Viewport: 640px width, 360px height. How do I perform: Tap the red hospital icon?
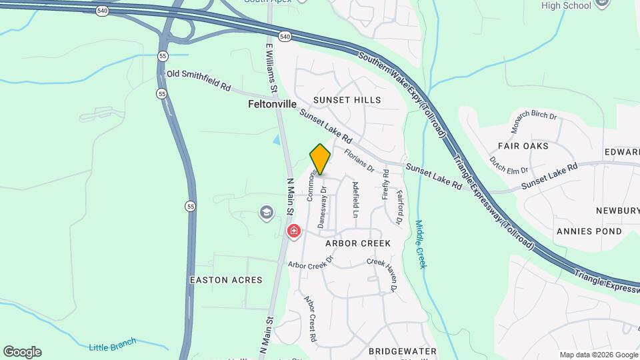[x=293, y=231]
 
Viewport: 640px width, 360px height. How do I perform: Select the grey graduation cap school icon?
[x=267, y=213]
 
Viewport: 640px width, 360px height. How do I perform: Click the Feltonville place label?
[x=272, y=104]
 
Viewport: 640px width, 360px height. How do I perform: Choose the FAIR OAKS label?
[x=523, y=145]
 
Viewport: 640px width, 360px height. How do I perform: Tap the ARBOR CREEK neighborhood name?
[x=358, y=243]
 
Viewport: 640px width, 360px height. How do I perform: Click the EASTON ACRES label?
[x=226, y=280]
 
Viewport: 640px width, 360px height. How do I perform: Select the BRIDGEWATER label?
[x=402, y=351]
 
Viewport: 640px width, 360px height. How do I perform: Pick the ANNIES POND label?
[x=589, y=231]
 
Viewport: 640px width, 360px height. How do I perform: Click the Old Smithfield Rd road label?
[x=198, y=81]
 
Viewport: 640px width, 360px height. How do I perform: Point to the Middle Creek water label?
[x=420, y=244]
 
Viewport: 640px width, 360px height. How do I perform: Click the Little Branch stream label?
[x=112, y=344]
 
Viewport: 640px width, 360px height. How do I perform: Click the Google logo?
[x=22, y=352]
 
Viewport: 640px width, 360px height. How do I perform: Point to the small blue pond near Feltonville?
[x=277, y=141]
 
